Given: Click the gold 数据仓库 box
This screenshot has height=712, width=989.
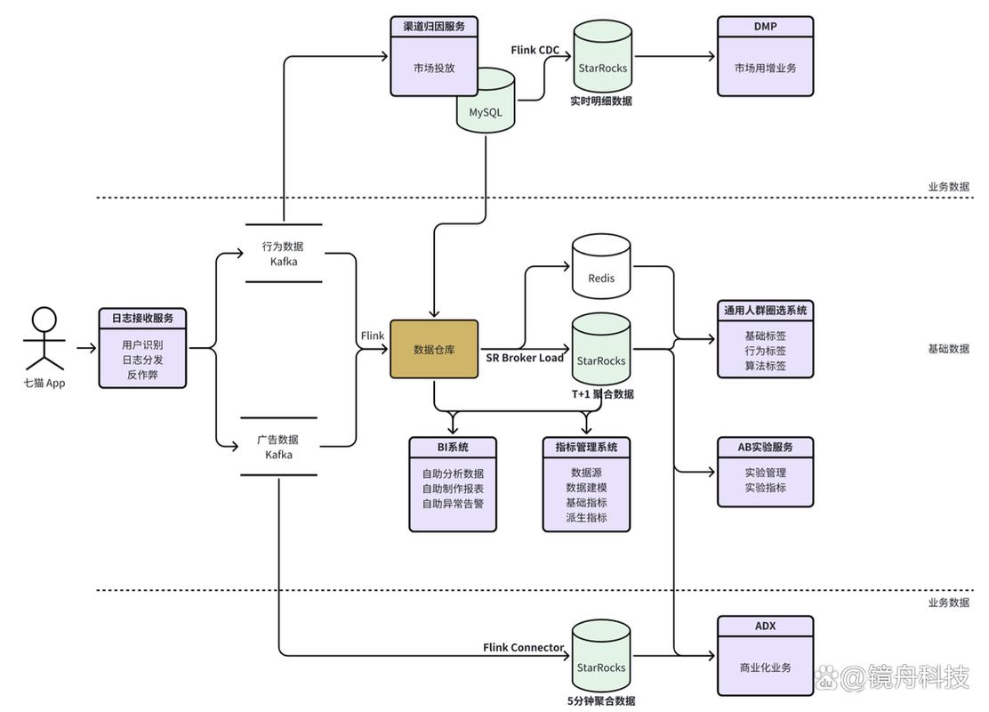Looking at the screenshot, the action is (434, 349).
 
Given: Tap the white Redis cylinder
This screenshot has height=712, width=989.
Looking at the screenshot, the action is (601, 267).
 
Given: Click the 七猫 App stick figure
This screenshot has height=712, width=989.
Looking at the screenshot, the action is (44, 339).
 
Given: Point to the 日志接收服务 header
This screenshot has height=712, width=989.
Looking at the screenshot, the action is (142, 318).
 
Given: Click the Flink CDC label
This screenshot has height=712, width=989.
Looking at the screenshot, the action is (535, 50).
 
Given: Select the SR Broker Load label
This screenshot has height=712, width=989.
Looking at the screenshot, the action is (525, 358).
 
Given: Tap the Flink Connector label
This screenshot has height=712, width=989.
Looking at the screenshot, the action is (524, 648).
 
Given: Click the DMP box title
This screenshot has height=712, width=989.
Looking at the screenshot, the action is (765, 27).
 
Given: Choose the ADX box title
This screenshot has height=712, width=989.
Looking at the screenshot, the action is (765, 627).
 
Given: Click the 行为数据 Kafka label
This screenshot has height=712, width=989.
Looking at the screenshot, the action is (283, 254).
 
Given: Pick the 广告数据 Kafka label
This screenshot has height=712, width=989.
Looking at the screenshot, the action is (278, 447).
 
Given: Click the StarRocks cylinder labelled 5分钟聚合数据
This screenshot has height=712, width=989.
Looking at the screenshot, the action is (601, 657).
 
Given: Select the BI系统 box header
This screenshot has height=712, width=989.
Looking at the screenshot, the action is (453, 447).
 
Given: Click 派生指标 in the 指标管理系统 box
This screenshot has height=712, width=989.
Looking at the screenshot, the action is (587, 518).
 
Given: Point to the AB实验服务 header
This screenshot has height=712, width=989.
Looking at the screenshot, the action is (765, 447).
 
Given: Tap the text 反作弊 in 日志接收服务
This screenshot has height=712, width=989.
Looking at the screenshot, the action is (142, 375).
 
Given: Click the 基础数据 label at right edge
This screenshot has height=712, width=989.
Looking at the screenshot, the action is (948, 348).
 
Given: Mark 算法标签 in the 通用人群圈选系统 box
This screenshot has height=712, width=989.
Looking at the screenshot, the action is (765, 366).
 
